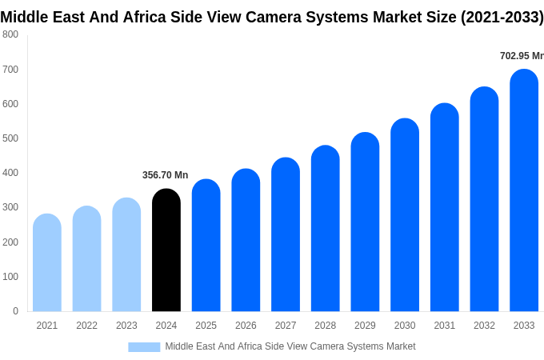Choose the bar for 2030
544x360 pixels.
coord(405,215)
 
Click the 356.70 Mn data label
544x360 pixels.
coord(165,175)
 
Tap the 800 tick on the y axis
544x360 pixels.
coord(10,34)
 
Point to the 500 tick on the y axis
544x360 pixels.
coord(10,138)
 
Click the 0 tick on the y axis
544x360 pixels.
coord(15,311)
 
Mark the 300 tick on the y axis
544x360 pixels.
coord(10,207)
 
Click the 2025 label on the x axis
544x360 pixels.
coord(206,326)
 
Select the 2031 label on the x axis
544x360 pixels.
coord(445,326)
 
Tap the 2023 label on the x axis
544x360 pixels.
coord(126,326)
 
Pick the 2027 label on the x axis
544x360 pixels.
coord(286,326)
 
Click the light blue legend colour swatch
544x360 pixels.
coord(144,346)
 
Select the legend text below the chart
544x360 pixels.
coord(290,346)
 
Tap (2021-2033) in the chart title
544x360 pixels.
coord(502,17)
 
